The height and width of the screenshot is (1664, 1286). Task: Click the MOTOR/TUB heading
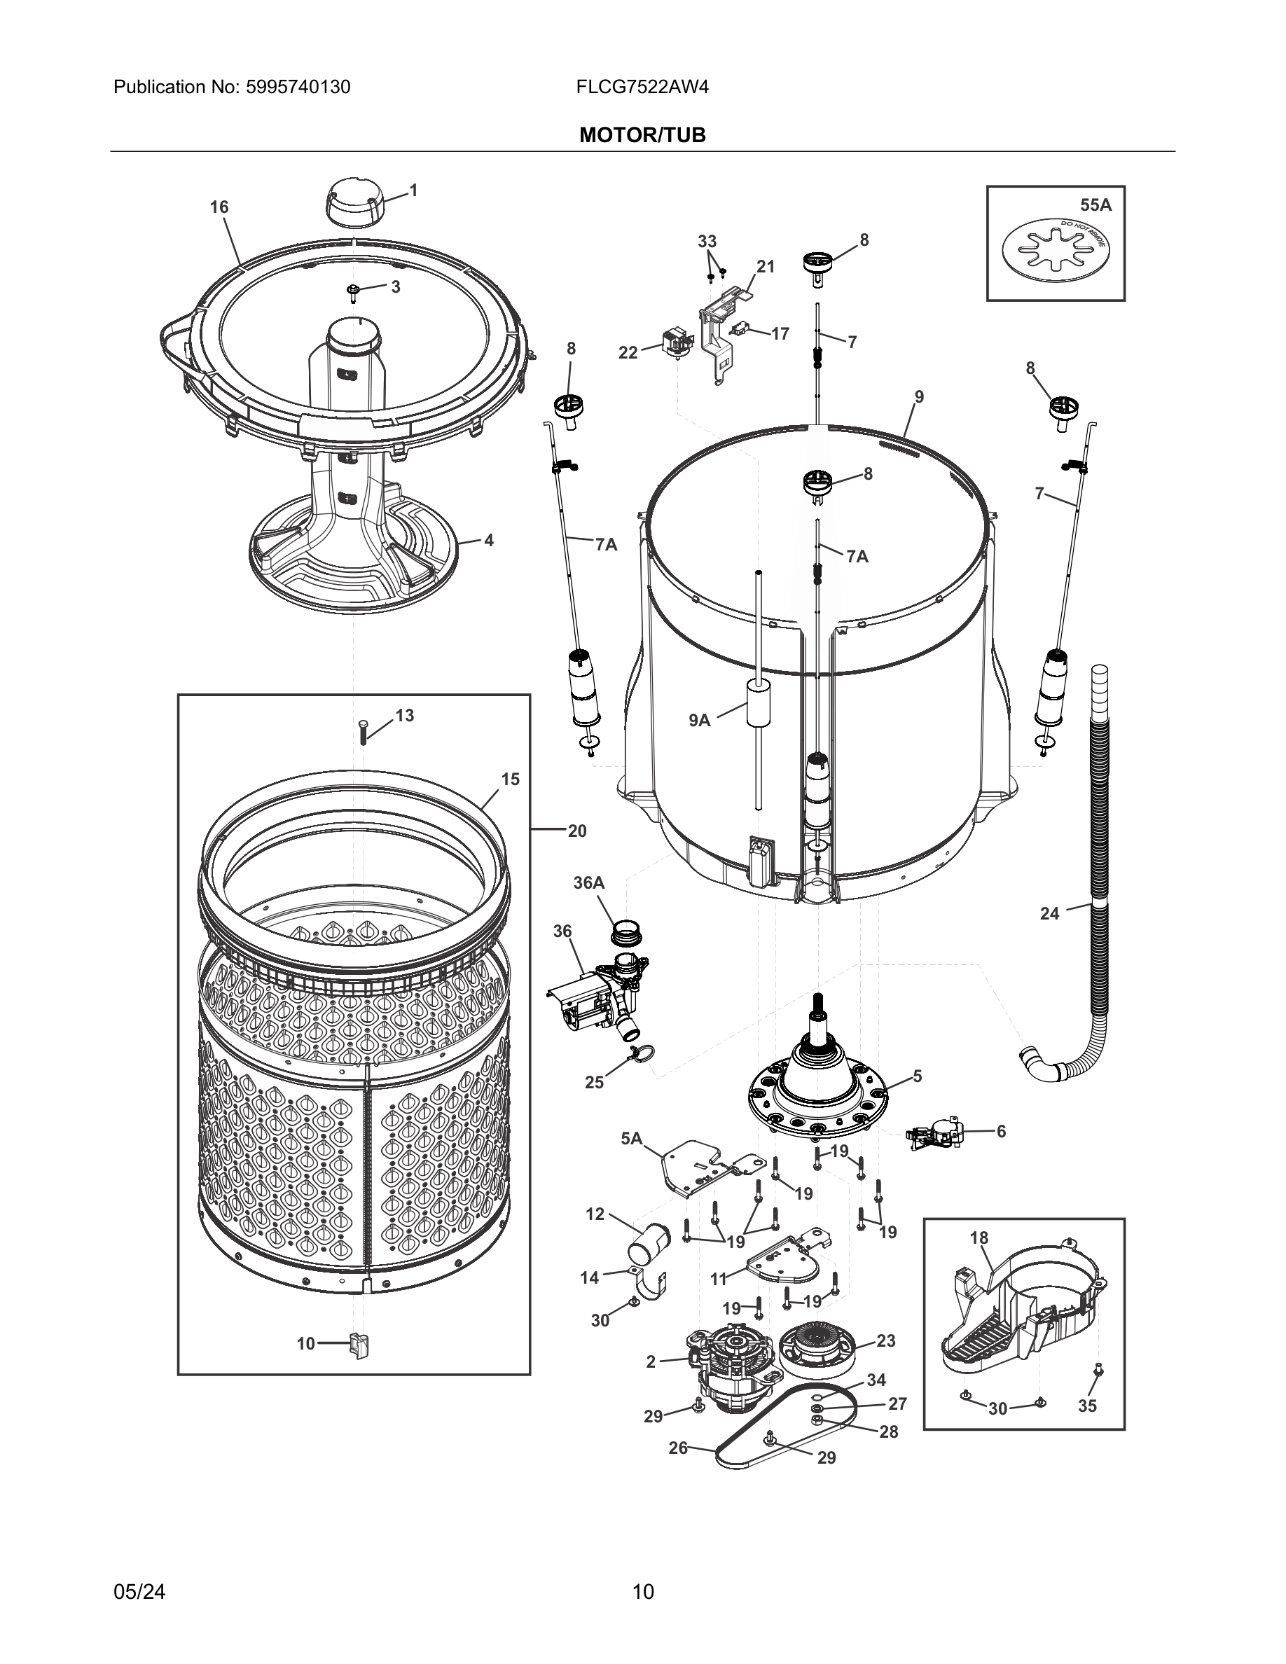click(642, 135)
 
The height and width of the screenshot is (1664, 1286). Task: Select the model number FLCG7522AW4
click(642, 88)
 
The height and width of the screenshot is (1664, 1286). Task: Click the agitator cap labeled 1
click(353, 202)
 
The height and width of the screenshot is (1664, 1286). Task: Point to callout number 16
click(219, 207)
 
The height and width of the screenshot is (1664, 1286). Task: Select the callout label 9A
click(698, 720)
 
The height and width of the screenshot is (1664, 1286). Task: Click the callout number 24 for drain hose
click(1049, 913)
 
